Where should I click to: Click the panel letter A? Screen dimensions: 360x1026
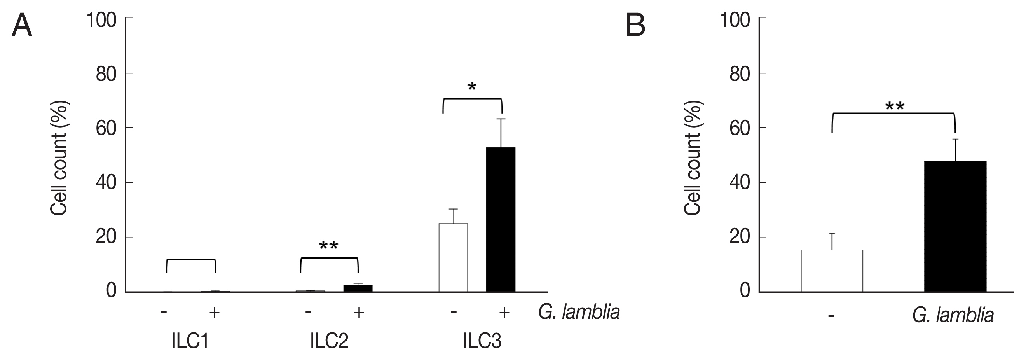click(21, 26)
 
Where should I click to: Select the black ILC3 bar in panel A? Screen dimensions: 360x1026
click(501, 219)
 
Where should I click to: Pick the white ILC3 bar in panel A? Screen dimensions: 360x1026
click(453, 258)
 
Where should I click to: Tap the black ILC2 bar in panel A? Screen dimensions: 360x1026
click(358, 288)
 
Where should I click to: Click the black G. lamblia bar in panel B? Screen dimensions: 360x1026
click(955, 226)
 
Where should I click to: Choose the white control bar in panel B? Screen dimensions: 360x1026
click(832, 271)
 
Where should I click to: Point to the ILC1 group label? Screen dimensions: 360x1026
click(190, 341)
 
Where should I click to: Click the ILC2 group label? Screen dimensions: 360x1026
click(329, 341)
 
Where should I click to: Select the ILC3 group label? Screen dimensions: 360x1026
click(482, 341)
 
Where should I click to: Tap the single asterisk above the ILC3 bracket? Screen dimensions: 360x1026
click(472, 87)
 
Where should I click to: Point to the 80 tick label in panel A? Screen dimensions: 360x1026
click(106, 75)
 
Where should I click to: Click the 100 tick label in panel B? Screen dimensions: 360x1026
click(735, 20)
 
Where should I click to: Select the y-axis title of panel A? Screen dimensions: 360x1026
click(59, 158)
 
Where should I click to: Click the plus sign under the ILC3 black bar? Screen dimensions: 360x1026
click(504, 313)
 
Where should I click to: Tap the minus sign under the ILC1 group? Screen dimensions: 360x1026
click(164, 311)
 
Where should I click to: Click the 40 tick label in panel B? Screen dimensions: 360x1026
click(740, 183)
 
